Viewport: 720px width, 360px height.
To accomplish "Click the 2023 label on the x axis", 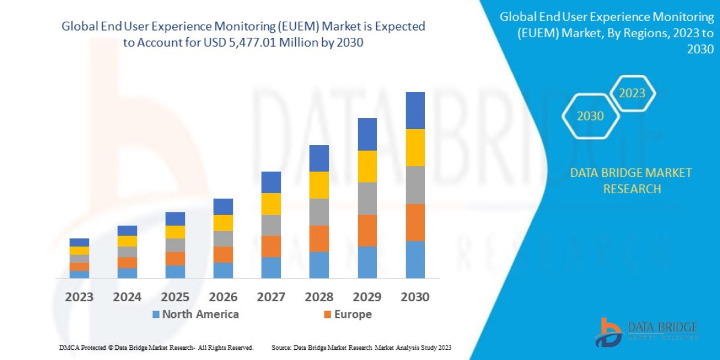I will (79, 297).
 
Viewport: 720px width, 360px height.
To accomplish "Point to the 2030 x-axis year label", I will (415, 297).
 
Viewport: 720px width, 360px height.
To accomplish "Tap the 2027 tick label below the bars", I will (271, 297).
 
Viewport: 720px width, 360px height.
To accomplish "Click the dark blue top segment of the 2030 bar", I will (415, 110).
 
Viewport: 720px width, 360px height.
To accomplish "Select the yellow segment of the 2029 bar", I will (367, 166).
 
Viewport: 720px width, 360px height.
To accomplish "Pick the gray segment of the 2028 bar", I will (319, 212).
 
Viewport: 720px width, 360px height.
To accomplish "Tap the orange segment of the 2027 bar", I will (271, 246).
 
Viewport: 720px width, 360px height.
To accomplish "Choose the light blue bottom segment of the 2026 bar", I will (223, 270).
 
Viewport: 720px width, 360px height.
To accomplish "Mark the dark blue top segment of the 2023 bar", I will (79, 242).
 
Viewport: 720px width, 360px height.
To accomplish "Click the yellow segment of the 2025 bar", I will (175, 232).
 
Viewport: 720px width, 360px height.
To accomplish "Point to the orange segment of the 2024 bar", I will (127, 262).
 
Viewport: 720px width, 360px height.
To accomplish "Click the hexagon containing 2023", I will (632, 94).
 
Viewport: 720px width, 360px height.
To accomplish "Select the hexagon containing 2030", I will (590, 116).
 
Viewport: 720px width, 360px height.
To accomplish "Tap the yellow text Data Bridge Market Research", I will (631, 181).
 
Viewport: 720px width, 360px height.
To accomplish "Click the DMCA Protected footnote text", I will (156, 347).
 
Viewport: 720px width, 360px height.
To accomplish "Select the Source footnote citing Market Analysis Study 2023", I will (361, 347).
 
